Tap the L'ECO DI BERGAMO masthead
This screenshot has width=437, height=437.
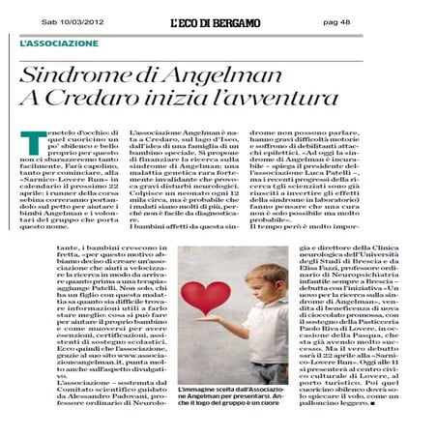pos(216,22)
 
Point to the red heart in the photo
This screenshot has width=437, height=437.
pos(204,296)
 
